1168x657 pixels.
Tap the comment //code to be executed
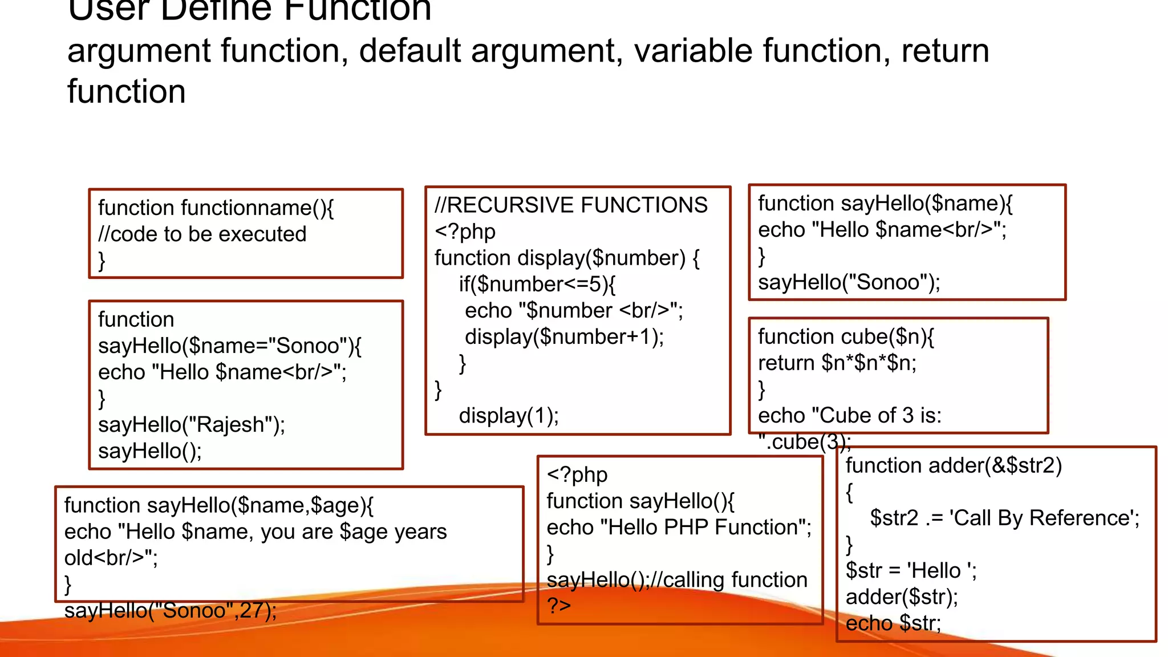[x=202, y=234]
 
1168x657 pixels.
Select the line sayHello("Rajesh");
[x=192, y=425]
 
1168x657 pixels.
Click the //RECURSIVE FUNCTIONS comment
[x=571, y=205]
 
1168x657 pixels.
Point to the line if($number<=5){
[x=537, y=284]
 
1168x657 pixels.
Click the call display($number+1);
[x=564, y=337]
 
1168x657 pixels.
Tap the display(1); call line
[x=509, y=416]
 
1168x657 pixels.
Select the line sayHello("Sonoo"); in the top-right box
[x=849, y=282]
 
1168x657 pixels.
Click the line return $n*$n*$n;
[x=837, y=363]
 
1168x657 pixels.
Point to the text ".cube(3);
[x=805, y=442]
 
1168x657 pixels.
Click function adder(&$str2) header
[x=953, y=466]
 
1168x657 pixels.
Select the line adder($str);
[x=902, y=597]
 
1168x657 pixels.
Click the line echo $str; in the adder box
[x=893, y=623]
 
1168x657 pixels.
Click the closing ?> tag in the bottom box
[x=559, y=605]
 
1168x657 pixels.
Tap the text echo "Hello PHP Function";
[x=679, y=528]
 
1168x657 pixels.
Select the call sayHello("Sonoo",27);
[x=171, y=611]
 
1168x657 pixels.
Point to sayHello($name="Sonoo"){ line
[x=230, y=346]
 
